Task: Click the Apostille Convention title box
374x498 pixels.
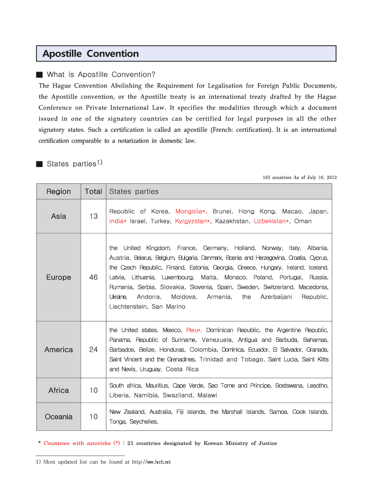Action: (187, 53)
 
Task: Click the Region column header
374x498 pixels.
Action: (59, 192)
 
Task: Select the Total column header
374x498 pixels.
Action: (93, 192)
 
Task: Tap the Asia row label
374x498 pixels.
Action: (59, 216)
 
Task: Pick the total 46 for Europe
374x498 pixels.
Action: (93, 278)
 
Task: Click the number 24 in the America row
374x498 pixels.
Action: (93, 350)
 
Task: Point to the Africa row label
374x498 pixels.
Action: (59, 391)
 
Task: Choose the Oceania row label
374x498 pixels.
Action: (59, 417)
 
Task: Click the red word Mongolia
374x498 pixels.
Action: (189, 212)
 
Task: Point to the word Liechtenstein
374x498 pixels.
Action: (128, 307)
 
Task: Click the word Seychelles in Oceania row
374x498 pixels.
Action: (144, 422)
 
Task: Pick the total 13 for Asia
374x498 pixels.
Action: (93, 216)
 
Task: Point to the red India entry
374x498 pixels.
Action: (116, 221)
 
